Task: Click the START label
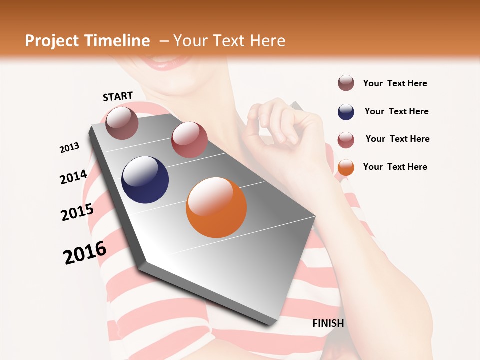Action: click(118, 96)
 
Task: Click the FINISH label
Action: click(328, 323)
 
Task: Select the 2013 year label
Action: click(70, 147)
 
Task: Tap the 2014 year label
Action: click(73, 177)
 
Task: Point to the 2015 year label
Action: click(77, 212)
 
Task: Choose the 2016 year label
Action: click(85, 252)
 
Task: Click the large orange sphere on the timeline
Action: click(216, 207)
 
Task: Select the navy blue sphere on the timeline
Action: click(145, 180)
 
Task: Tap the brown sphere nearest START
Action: click(122, 123)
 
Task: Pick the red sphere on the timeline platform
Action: click(189, 140)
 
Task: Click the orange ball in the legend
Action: click(346, 167)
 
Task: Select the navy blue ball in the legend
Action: click(346, 112)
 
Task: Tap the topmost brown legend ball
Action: click(346, 83)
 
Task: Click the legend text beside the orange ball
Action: click(395, 167)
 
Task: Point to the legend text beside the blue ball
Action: click(396, 111)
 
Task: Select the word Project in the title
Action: click(52, 41)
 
